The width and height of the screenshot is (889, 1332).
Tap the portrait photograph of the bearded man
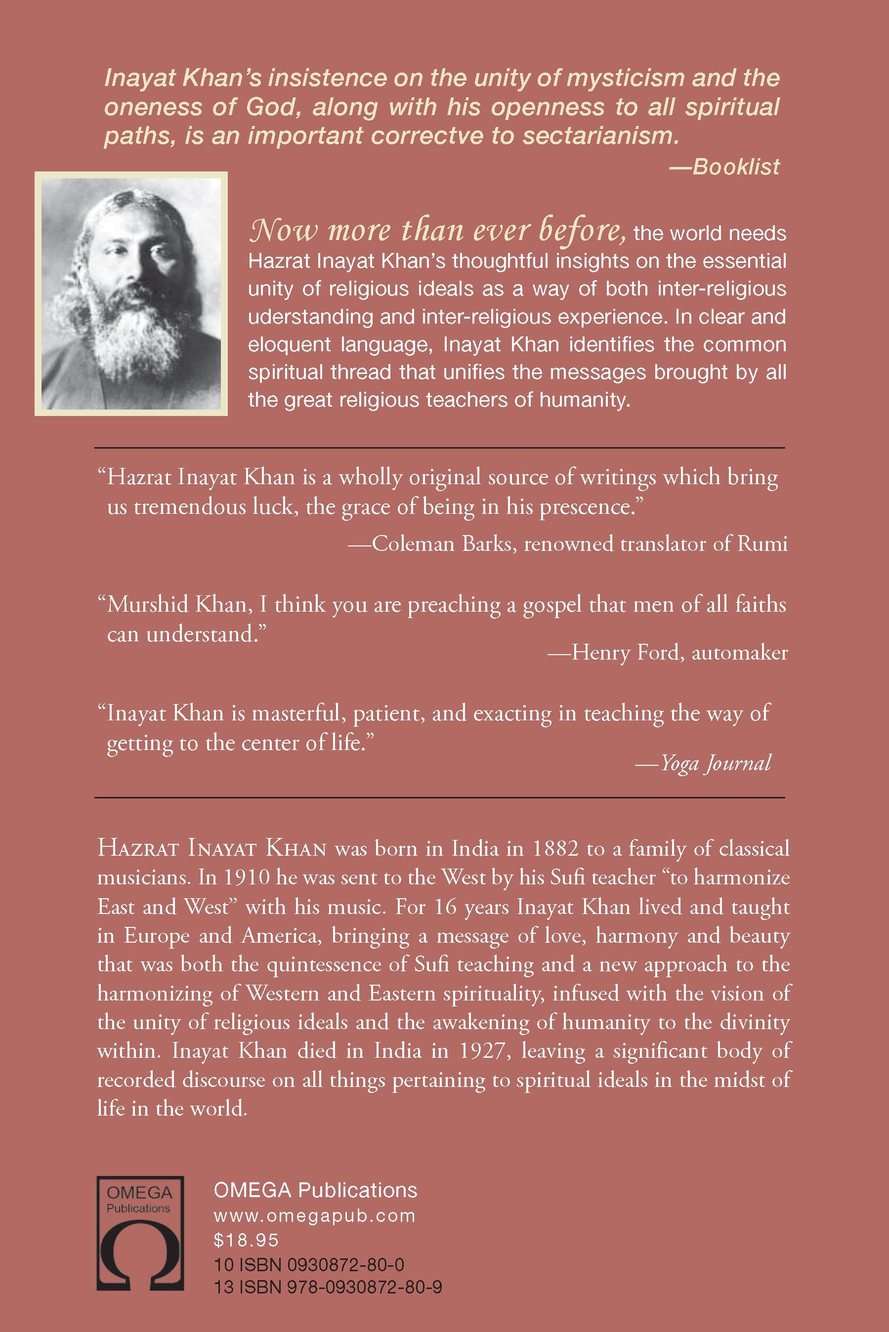pos(131,293)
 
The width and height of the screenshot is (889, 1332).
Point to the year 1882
pos(555,848)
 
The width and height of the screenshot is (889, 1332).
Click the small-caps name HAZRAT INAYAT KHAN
pos(212,848)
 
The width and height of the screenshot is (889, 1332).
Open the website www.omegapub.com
pos(315,1216)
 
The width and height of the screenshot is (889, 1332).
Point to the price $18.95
pos(246,1240)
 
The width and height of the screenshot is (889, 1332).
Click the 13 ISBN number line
pos(328,1287)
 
